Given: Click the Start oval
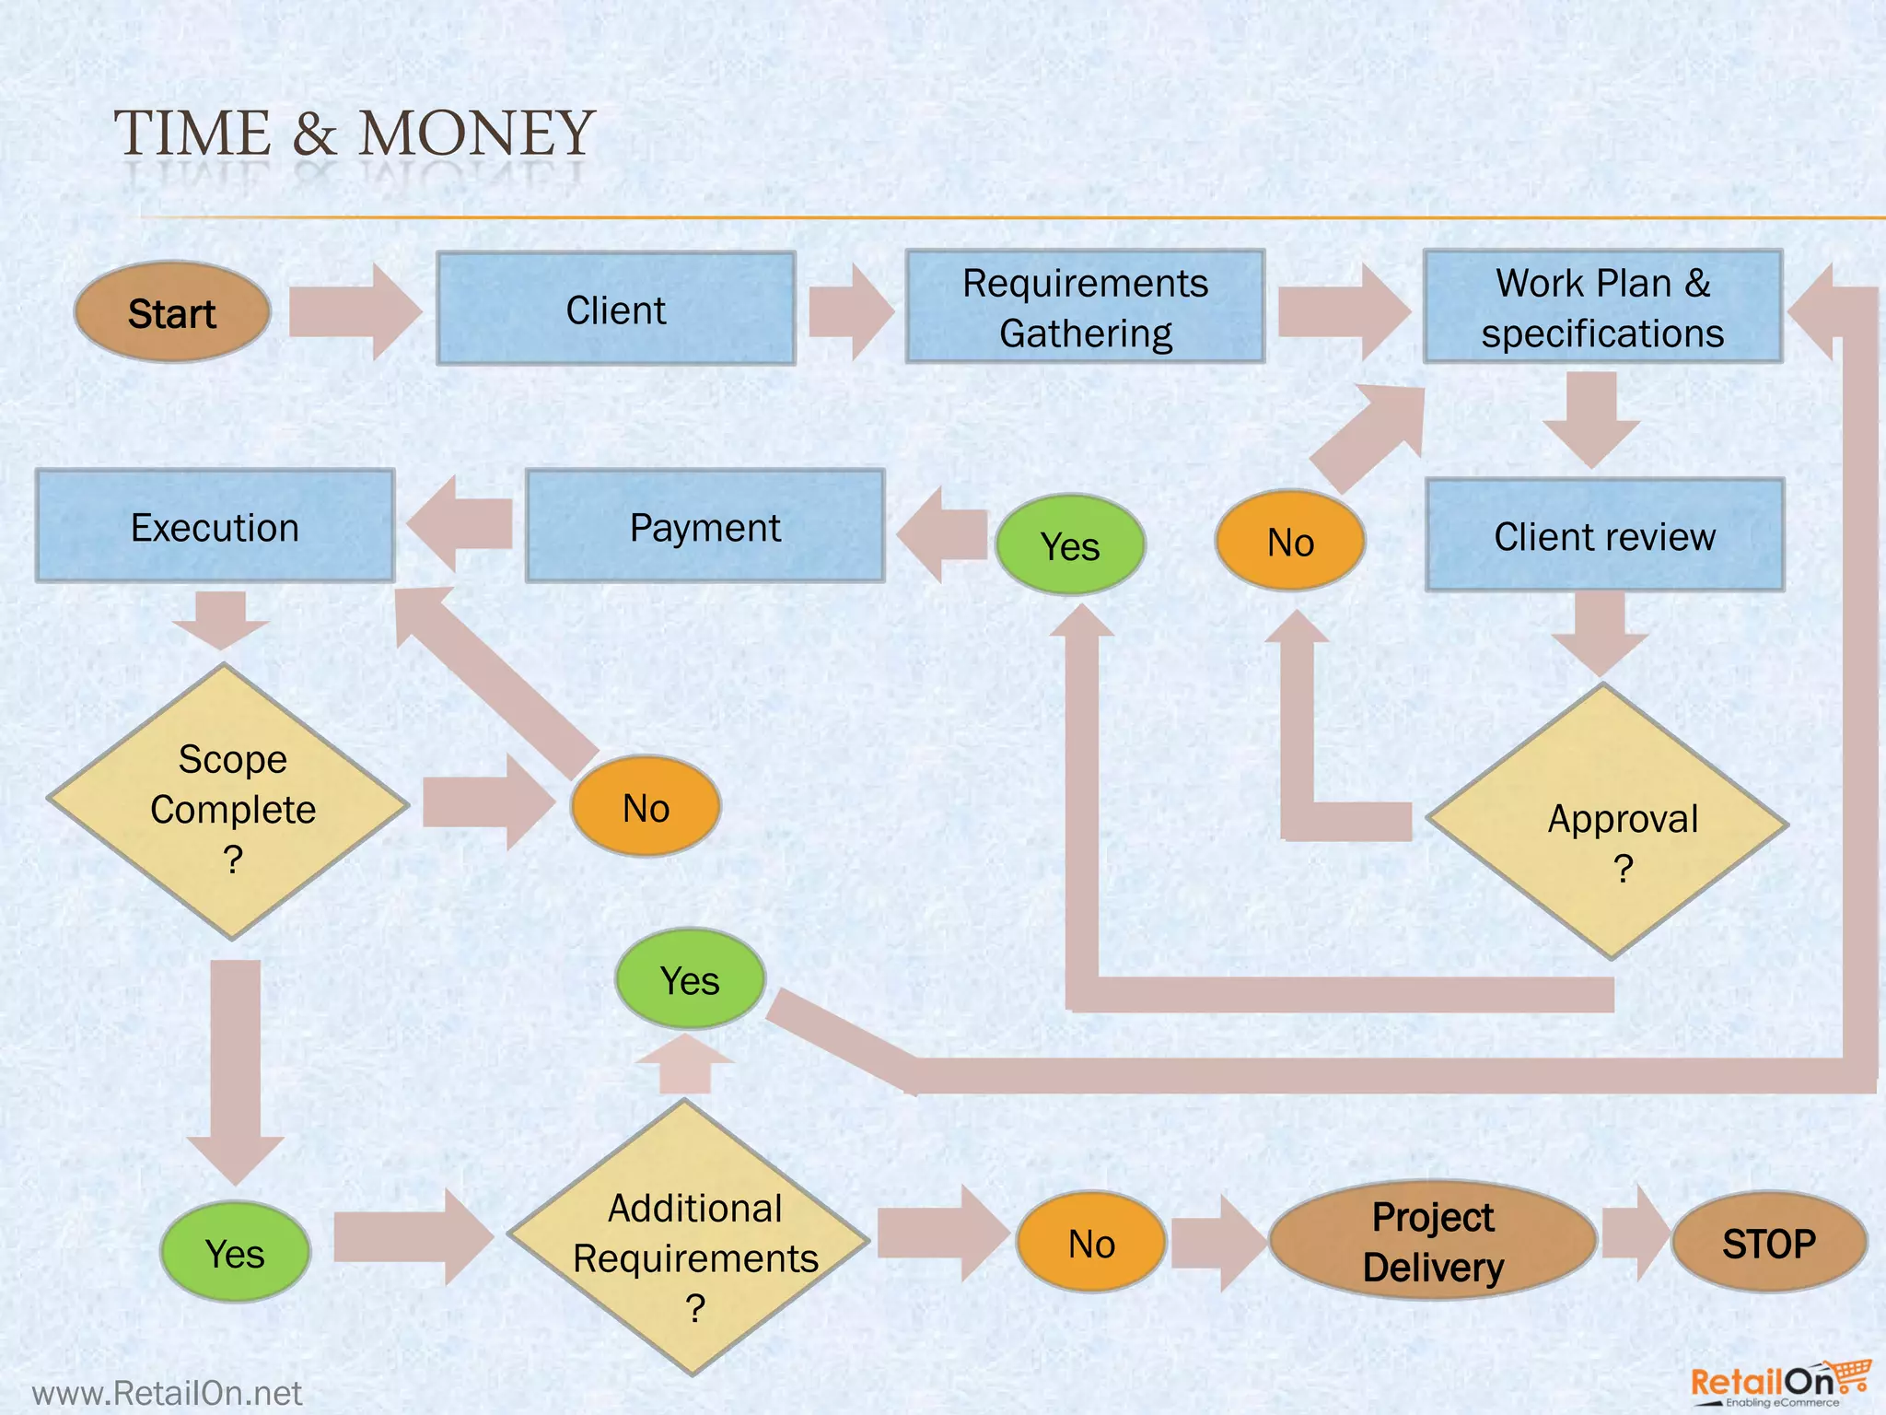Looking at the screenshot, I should pyautogui.click(x=172, y=312).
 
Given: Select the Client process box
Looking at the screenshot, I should pyautogui.click(x=616, y=310).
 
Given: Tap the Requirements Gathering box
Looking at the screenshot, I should pyautogui.click(x=1085, y=307).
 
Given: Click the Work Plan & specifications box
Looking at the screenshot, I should pyautogui.click(x=1602, y=307).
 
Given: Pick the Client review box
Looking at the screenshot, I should pyautogui.click(x=1604, y=535).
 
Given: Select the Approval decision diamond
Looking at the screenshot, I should pyautogui.click(x=1608, y=822).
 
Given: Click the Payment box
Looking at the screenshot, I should pyautogui.click(x=704, y=527).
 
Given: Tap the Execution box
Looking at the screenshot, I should pyautogui.click(x=215, y=527).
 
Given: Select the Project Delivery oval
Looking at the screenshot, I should pyautogui.click(x=1432, y=1241).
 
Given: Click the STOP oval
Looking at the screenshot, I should pyautogui.click(x=1768, y=1243).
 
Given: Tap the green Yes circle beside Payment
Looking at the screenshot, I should pyautogui.click(x=1070, y=545).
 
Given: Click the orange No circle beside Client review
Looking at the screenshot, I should pyautogui.click(x=1289, y=542).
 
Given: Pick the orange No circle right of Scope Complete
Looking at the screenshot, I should pyautogui.click(x=646, y=807).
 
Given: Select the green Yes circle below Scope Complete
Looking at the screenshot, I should pyautogui.click(x=235, y=1253).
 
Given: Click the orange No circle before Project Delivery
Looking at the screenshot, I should pyautogui.click(x=1091, y=1243).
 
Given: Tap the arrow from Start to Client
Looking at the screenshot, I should pyautogui.click(x=355, y=311).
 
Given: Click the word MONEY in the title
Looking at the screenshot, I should pyautogui.click(x=476, y=134).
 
